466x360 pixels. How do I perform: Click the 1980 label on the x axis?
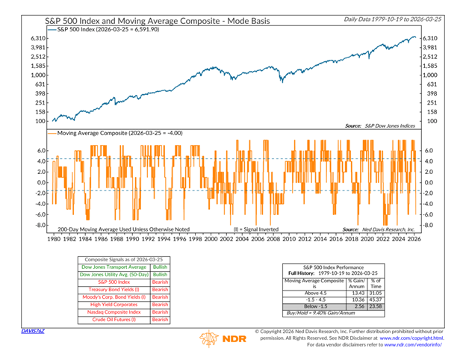tap(55, 240)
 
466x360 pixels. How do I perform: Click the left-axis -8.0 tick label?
tap(41, 225)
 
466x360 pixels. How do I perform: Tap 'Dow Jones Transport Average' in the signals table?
tap(111, 267)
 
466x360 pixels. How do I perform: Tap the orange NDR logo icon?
tap(208, 339)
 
